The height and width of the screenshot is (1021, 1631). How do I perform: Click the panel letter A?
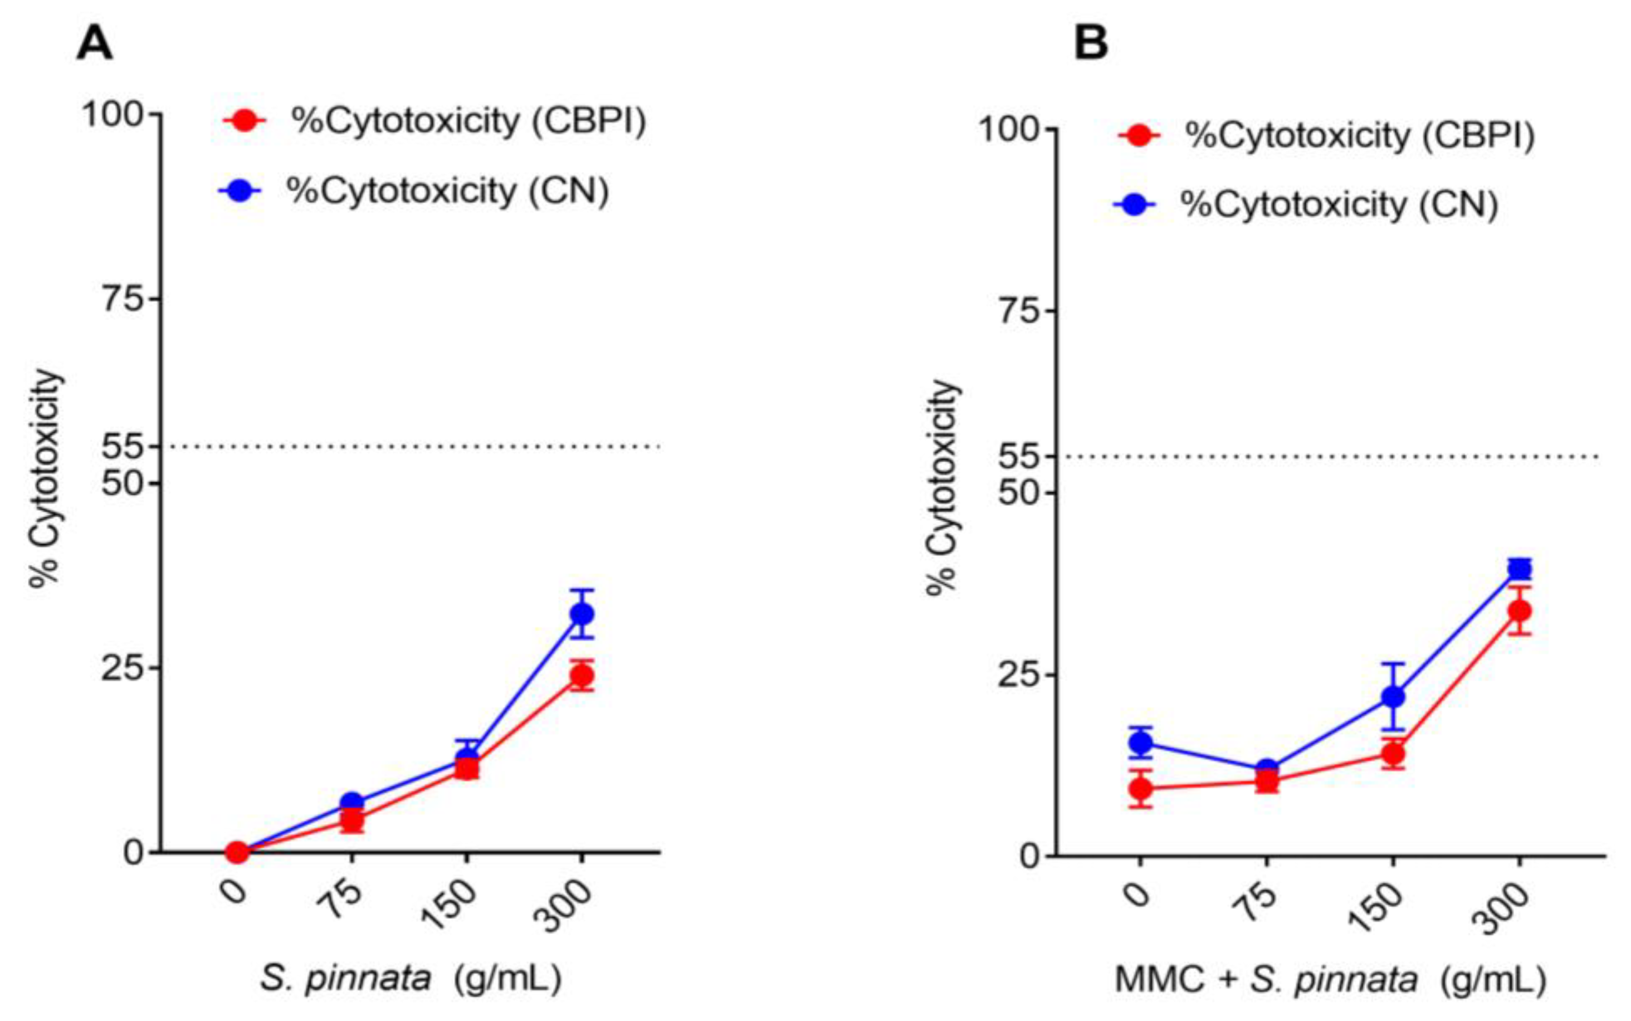point(95,45)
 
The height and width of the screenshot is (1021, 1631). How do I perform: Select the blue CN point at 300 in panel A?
point(581,614)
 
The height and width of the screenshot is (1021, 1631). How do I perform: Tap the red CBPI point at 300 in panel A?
point(581,675)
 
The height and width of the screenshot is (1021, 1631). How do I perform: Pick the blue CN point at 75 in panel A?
point(351,802)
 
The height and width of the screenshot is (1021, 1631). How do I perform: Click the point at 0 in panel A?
point(237,852)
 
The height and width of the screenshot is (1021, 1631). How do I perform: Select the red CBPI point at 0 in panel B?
point(1140,788)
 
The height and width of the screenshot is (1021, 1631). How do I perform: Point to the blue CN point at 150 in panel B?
point(1393,696)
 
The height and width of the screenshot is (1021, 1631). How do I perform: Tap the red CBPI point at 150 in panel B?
point(1393,754)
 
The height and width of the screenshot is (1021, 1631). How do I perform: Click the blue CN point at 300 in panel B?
point(1519,569)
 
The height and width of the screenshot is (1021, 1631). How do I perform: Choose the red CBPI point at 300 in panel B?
point(1519,611)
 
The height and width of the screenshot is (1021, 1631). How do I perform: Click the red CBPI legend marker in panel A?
point(245,121)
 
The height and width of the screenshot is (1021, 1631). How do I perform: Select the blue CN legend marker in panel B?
point(1136,204)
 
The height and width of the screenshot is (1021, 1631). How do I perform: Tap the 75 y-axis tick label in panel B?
point(1017,311)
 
